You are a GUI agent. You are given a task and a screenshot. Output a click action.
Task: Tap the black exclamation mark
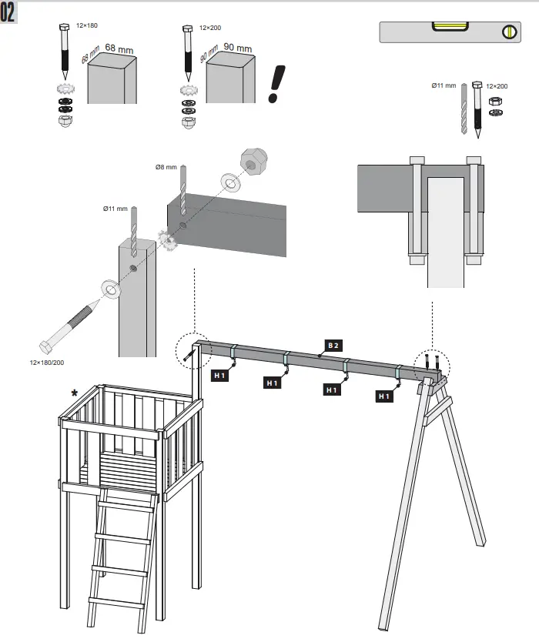point(274,83)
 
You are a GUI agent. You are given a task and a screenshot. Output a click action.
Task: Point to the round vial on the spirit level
point(508,32)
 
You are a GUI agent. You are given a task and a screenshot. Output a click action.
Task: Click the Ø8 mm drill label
point(166,167)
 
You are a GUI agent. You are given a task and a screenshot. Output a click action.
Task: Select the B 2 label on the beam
point(333,346)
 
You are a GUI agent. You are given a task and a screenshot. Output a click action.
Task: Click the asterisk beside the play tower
point(75,393)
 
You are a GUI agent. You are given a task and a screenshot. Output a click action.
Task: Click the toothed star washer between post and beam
point(168,240)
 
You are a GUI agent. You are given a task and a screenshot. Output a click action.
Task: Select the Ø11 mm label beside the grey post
point(115,209)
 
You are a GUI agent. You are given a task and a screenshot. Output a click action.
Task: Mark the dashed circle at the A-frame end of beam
point(430,361)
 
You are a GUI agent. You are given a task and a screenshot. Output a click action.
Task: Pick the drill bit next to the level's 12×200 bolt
point(464,109)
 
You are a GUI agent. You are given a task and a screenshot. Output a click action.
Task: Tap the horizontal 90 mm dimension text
point(237,48)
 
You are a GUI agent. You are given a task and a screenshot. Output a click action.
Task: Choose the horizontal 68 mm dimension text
point(119,49)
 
